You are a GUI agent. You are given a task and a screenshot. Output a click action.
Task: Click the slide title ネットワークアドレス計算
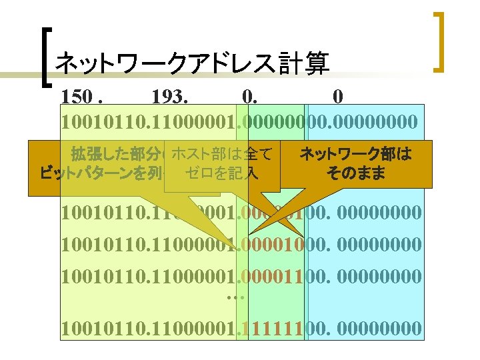tap(192, 64)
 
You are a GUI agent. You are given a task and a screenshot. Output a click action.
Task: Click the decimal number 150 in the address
tap(78, 97)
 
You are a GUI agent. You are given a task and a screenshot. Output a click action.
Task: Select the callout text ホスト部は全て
tap(222, 155)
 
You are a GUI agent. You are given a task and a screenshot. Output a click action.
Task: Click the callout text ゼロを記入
tap(222, 174)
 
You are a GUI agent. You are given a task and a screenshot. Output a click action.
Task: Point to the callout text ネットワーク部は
tap(355, 155)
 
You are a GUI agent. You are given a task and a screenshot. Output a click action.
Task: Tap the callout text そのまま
tap(355, 174)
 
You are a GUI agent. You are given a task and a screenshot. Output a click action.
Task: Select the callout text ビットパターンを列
tap(100, 175)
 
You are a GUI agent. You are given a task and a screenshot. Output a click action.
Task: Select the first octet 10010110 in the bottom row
tap(99, 329)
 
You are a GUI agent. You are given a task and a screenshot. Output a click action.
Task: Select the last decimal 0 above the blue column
tap(338, 97)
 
